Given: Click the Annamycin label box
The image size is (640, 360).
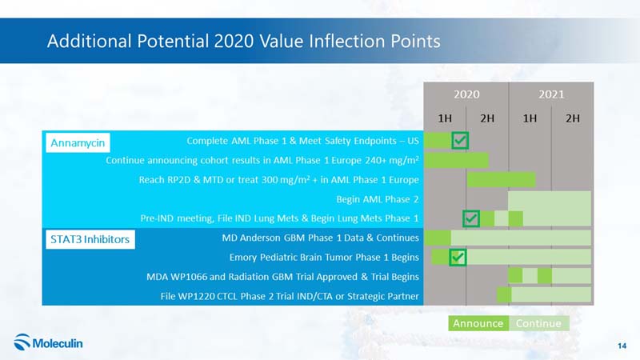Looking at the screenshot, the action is pos(78,143).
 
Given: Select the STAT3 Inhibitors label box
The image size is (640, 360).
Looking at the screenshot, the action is pos(90,239).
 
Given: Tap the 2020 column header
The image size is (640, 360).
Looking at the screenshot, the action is pos(466,94).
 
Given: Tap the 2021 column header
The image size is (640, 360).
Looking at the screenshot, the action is pos(551,94).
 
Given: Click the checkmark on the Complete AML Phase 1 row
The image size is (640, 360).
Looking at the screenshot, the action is pos(460,141).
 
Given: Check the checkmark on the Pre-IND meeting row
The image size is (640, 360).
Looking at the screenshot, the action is pos(471,218).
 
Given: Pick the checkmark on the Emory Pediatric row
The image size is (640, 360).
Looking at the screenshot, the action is pos(458,257).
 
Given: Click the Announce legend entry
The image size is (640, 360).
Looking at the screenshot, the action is pos(478,323).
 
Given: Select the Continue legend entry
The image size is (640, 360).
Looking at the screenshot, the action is pos(538,323).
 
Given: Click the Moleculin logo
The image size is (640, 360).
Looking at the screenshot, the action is pos(48,342).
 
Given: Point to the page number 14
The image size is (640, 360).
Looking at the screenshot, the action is pos(622,346).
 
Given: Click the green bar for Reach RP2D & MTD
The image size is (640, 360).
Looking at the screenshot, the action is pos(501,179).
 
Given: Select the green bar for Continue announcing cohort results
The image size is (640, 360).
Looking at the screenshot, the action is pos(456,160).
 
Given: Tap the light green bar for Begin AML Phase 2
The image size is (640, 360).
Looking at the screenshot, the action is pos(550,198).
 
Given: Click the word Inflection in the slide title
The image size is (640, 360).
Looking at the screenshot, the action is pos(346,41).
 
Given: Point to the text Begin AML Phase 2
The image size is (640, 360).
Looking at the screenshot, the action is pos(378,199).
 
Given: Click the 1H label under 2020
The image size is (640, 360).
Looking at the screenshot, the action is pos(445,118).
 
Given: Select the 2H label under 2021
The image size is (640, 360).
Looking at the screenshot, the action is pos(572,118).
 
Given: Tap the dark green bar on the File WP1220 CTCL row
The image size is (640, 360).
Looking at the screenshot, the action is pos(504,295).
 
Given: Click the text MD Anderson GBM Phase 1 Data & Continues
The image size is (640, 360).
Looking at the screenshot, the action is pos(321,238).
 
